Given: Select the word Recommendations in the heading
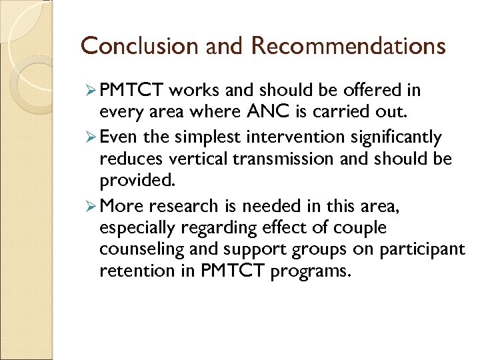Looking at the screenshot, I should (x=348, y=45).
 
